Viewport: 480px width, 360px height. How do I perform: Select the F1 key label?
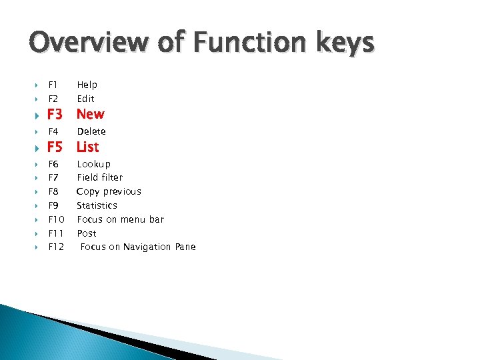[53, 85]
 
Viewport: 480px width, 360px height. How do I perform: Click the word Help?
[87, 85]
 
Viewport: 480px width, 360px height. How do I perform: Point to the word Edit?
[85, 99]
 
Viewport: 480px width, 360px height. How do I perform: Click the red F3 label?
[55, 114]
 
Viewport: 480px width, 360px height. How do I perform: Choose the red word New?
[90, 114]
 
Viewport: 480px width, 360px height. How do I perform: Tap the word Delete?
[91, 131]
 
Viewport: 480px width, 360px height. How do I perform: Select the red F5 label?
[55, 147]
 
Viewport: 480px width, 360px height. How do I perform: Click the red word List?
[87, 147]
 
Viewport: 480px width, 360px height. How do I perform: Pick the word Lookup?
[94, 164]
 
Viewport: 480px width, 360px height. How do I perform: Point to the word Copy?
[88, 192]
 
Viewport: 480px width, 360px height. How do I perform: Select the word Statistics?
[97, 205]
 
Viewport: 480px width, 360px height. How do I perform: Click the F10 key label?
[56, 219]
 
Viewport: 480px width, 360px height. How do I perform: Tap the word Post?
[87, 233]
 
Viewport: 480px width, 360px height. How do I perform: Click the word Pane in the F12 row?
[185, 247]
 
